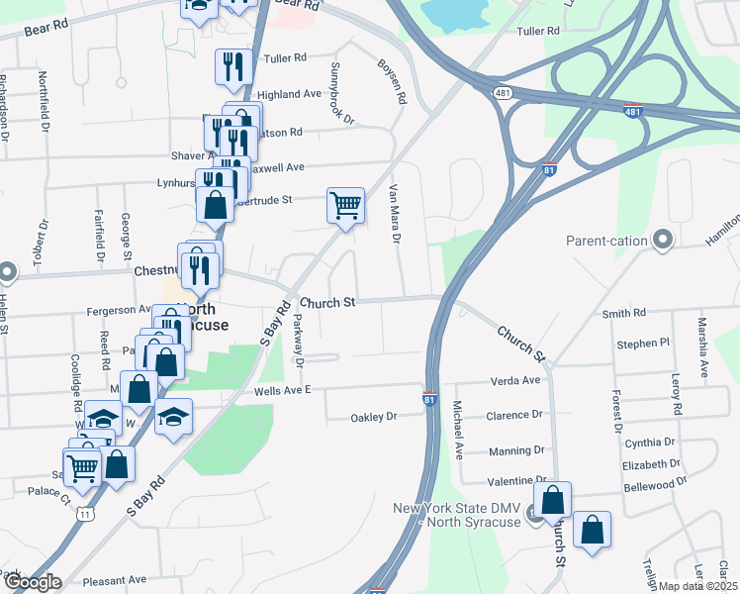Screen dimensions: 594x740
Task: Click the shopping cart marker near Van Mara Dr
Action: [345, 206]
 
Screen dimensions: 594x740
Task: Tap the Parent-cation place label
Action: [606, 241]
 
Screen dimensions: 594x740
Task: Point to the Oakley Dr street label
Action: [374, 417]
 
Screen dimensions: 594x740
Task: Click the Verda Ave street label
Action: [515, 380]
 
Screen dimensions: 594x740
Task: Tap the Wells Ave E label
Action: [282, 390]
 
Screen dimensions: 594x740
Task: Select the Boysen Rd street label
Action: [393, 82]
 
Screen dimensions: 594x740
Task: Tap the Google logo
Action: [32, 583]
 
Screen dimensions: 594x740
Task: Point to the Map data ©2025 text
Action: [698, 586]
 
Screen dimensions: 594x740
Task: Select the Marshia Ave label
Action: [703, 347]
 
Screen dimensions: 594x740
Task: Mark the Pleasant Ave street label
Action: [115, 580]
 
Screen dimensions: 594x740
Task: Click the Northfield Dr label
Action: [45, 103]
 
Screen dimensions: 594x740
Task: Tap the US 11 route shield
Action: [86, 514]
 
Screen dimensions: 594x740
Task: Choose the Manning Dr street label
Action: [517, 449]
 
